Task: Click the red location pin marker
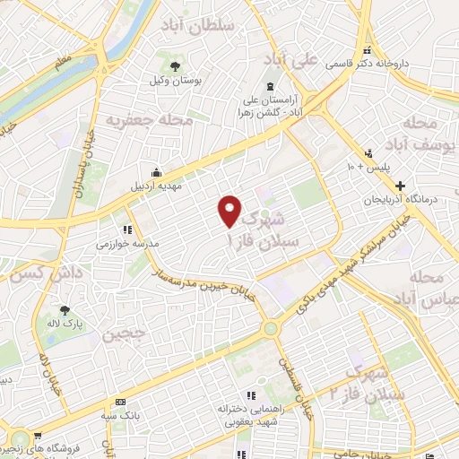click(230, 211)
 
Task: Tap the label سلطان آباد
click(199, 26)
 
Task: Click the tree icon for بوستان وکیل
click(175, 65)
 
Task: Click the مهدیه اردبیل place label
click(159, 187)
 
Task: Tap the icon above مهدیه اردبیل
click(159, 173)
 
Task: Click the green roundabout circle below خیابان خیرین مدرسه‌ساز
click(270, 329)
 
